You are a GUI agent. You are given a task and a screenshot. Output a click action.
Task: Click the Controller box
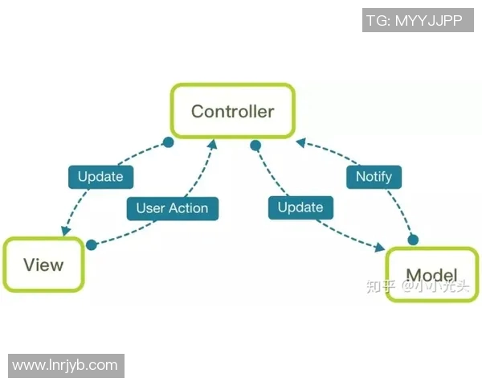pos(232,111)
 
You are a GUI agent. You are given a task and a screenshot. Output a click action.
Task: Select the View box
pos(43,265)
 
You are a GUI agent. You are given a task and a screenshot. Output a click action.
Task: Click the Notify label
pos(374,176)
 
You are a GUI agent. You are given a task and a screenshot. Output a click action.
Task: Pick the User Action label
pos(172,208)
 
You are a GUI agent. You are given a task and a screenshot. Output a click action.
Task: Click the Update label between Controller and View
pos(100,176)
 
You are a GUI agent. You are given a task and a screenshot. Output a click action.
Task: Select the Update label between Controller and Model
pos(300,207)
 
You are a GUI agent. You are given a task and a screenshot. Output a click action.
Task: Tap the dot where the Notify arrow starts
pos(415,240)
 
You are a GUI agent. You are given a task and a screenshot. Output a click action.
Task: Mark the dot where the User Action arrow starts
pos(92,244)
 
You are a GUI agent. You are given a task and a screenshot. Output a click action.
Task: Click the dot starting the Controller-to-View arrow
pos(168,142)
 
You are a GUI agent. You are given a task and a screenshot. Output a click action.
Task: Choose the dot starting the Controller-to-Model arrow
pos(255,146)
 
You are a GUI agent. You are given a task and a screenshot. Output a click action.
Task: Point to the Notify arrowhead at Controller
pos(300,142)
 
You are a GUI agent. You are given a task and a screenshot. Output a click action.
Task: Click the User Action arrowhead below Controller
pos(213,144)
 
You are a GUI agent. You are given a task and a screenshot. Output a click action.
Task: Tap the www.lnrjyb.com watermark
pos(65,365)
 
